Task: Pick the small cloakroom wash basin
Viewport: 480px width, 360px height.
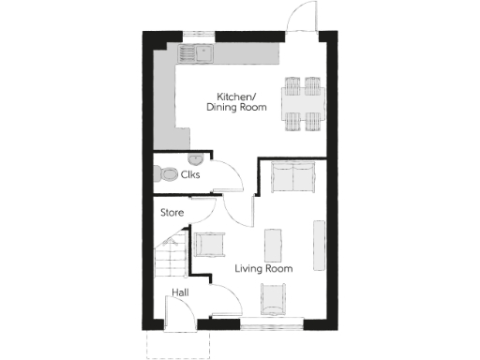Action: [192, 159]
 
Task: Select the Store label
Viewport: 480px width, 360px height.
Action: [172, 213]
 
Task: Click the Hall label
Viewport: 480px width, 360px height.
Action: [180, 294]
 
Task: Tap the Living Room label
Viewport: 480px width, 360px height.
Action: [263, 269]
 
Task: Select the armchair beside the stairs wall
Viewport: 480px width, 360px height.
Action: [208, 244]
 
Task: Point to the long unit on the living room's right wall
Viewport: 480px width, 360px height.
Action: [320, 241]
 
